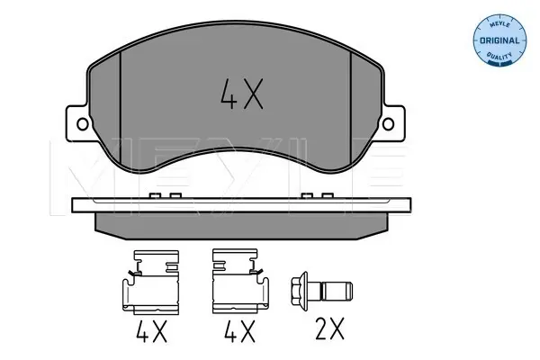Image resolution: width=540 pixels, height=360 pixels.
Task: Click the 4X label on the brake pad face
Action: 242,94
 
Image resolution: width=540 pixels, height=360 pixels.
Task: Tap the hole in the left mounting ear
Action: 83,124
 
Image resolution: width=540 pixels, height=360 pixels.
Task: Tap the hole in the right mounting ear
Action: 388,124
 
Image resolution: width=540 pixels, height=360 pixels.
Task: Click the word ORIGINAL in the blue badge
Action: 499,40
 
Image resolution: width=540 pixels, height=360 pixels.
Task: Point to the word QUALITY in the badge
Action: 499,55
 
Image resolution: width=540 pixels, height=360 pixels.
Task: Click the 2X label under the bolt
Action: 329,329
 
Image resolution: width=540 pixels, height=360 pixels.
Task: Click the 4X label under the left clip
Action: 151,331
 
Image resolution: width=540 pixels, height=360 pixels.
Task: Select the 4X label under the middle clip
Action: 239,331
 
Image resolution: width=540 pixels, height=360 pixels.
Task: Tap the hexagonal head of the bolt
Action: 299,292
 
